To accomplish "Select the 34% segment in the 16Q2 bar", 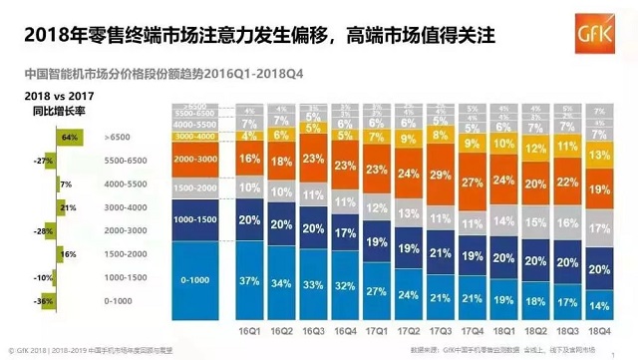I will [x=281, y=283].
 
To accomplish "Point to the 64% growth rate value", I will [x=69, y=135].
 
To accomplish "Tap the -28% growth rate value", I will [x=43, y=231].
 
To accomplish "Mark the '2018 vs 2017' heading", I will [x=37, y=93].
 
